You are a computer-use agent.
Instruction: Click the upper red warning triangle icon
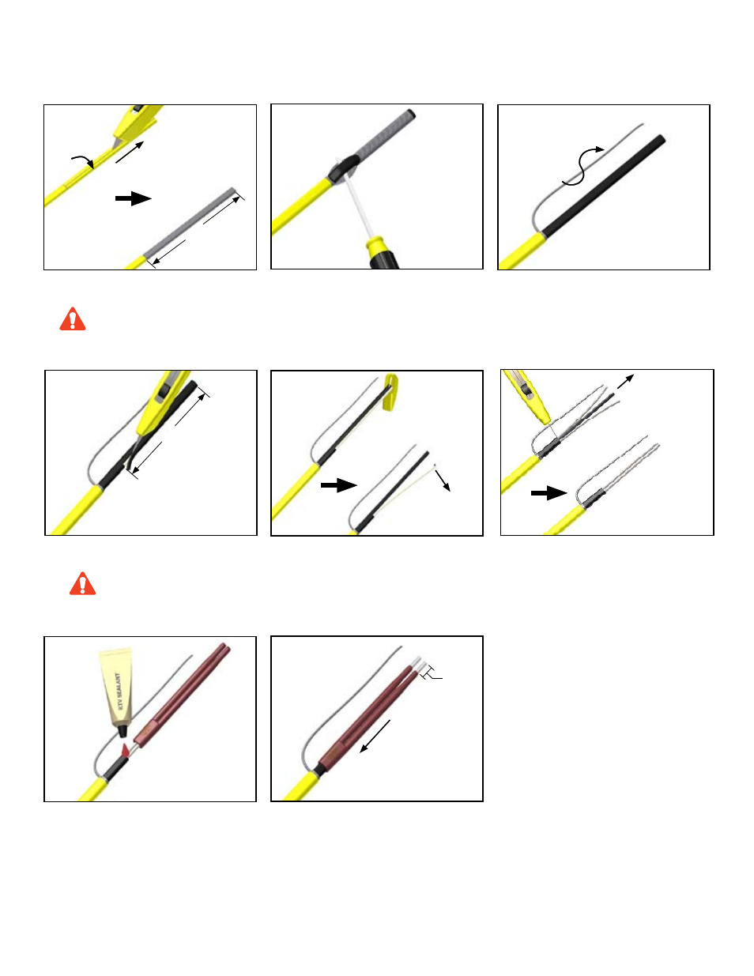click(72, 319)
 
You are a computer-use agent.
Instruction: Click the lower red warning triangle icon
click(82, 584)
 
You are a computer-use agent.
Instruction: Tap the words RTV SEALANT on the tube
click(119, 691)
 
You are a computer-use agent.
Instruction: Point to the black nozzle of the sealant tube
click(122, 731)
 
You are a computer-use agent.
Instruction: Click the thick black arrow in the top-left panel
click(134, 198)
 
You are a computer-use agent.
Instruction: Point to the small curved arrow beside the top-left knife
click(83, 160)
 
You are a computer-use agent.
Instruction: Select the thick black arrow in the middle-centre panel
click(338, 485)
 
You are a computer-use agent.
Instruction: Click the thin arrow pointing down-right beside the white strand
click(443, 480)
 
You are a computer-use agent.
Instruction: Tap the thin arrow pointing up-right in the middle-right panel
click(625, 382)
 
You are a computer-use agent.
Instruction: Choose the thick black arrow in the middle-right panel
click(549, 492)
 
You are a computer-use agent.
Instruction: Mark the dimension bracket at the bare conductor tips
click(431, 672)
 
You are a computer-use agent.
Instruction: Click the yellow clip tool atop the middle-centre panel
click(390, 392)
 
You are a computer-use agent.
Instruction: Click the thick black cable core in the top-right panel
click(604, 186)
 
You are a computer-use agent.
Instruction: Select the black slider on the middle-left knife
click(162, 390)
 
